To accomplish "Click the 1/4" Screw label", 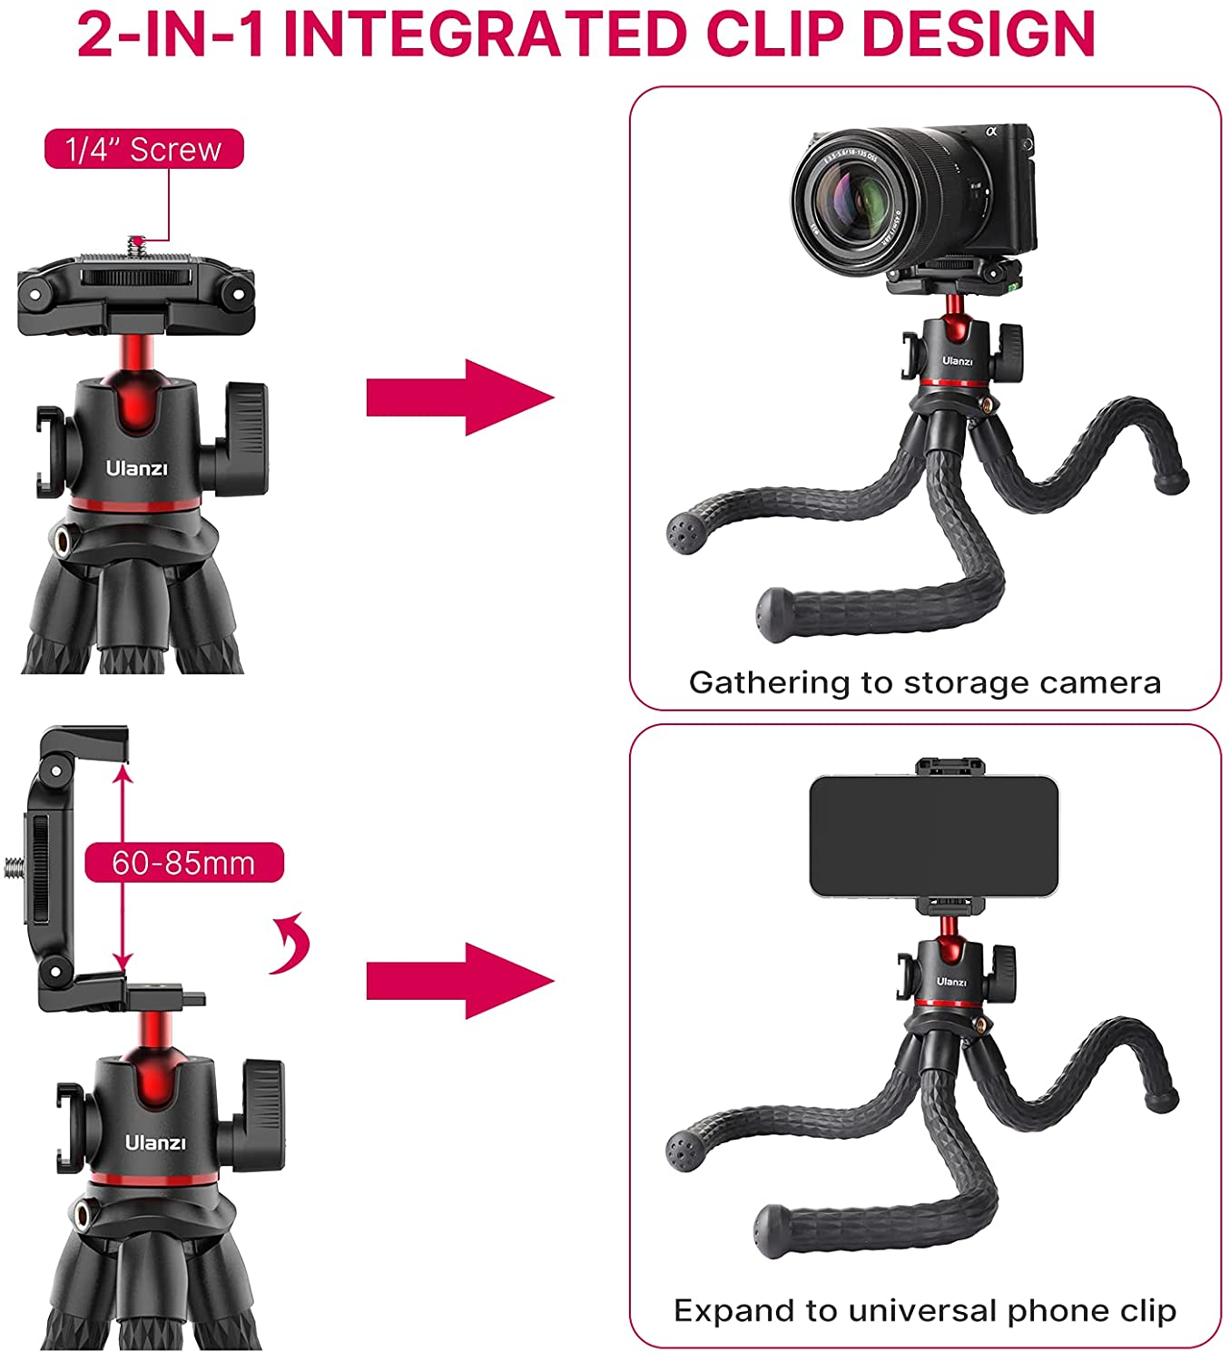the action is [144, 149].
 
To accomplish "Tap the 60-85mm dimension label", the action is [184, 863].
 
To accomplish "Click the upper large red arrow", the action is [460, 397].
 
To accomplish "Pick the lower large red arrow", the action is [460, 981].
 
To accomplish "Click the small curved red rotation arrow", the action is [292, 944].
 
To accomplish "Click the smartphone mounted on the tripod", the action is [933, 836].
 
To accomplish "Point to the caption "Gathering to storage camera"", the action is [924, 682].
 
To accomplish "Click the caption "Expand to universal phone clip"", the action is [924, 1311].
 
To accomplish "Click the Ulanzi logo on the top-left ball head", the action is [136, 468].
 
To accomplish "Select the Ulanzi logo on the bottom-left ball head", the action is [155, 1142].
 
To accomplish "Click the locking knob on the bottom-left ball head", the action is [261, 1115].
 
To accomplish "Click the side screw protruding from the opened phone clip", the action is [15, 867].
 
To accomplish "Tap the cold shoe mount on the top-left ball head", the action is [50, 452].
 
